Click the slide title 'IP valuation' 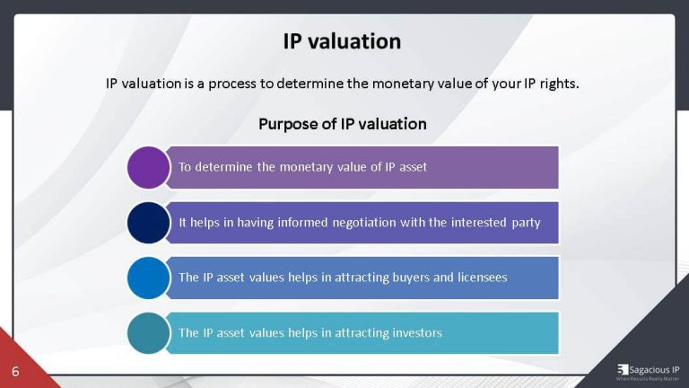point(342,41)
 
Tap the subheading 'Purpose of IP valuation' point(342,123)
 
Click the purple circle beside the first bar point(148,167)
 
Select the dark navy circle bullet point(148,223)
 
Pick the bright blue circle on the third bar point(148,278)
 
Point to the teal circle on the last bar point(148,333)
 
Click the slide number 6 point(15,371)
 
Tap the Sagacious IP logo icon point(623,369)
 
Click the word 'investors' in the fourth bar point(414,333)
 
